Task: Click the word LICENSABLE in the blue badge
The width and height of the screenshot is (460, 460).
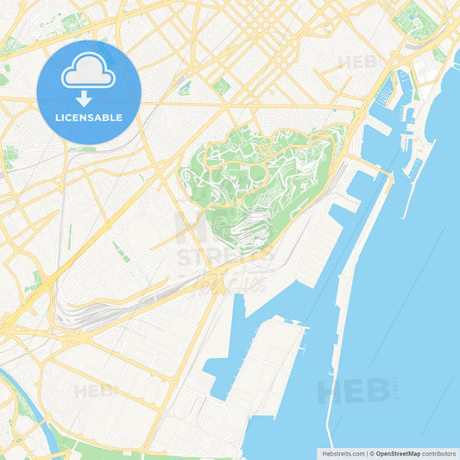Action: click(89, 117)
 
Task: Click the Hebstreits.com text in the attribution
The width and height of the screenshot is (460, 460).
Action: click(340, 452)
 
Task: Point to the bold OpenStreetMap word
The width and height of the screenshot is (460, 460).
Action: click(397, 452)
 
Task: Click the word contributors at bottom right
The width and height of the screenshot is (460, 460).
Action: click(438, 452)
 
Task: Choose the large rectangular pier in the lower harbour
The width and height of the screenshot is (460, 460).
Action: click(268, 371)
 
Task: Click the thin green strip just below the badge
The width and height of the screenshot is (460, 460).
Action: click(84, 148)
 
